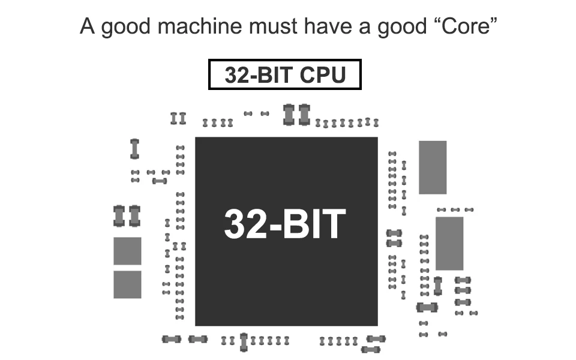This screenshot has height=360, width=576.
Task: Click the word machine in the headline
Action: [200, 26]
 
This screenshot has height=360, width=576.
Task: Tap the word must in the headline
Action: [273, 27]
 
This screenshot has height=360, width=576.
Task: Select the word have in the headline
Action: [328, 26]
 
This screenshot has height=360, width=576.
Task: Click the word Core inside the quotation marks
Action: [466, 26]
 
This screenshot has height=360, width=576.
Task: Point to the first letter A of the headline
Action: [88, 26]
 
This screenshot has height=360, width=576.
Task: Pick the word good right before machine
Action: [126, 28]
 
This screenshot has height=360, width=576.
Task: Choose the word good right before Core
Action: [402, 28]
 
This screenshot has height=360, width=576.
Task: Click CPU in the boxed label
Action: [323, 75]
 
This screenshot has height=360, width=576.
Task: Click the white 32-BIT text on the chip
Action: [285, 224]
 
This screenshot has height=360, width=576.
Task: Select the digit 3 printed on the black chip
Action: [235, 224]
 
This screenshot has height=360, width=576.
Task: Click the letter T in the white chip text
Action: [334, 224]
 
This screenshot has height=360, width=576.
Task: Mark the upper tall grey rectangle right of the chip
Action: [433, 167]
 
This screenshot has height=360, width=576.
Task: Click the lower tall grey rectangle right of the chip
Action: [449, 244]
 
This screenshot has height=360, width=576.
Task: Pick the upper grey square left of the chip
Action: [127, 251]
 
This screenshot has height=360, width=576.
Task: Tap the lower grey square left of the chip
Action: [127, 284]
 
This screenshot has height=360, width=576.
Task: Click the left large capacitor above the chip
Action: [289, 115]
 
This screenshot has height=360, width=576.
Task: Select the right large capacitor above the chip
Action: [304, 115]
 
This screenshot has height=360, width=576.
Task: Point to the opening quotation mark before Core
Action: [435, 20]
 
